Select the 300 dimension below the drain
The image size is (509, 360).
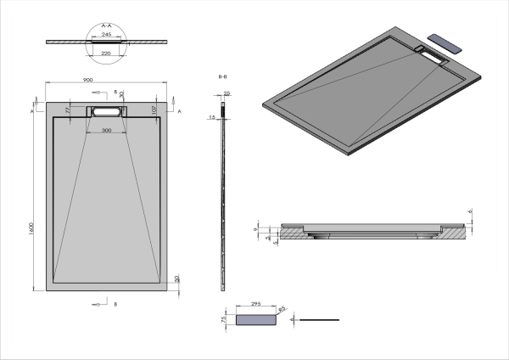pyautogui.click(x=106, y=131)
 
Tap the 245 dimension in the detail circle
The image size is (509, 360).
pyautogui.click(x=106, y=35)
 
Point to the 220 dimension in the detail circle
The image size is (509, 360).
pyautogui.click(x=106, y=53)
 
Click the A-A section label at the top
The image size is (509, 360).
pyautogui.click(x=106, y=26)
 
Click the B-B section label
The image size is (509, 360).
pyautogui.click(x=223, y=77)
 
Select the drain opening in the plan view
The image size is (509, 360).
pyautogui.click(x=106, y=111)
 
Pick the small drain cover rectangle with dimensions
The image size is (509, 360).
pyautogui.click(x=256, y=320)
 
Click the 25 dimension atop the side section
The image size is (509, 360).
pyautogui.click(x=227, y=93)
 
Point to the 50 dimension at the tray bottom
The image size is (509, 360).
pyautogui.click(x=177, y=278)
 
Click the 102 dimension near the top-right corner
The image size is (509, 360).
pyautogui.click(x=154, y=109)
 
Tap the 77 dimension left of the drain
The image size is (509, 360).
pyautogui.click(x=67, y=109)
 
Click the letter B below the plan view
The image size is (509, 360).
pyautogui.click(x=115, y=302)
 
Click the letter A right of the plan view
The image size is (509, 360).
pyautogui.click(x=181, y=111)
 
